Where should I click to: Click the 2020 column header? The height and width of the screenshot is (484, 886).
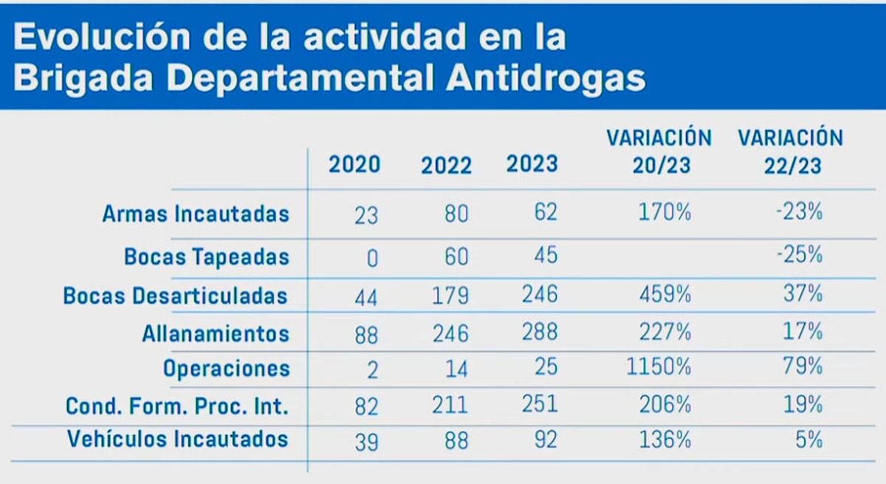pyautogui.click(x=354, y=163)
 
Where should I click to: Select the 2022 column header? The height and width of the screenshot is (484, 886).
pyautogui.click(x=446, y=165)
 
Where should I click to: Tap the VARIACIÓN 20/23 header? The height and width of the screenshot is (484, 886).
pyautogui.click(x=659, y=151)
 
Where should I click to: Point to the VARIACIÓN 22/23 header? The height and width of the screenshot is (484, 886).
pyautogui.click(x=791, y=151)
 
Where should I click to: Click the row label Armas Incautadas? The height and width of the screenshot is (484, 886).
pyautogui.click(x=195, y=214)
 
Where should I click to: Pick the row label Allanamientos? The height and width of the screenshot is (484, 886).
pyautogui.click(x=216, y=333)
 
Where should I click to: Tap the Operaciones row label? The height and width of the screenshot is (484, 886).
pyautogui.click(x=226, y=368)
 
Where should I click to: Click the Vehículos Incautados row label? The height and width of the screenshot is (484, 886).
pyautogui.click(x=177, y=439)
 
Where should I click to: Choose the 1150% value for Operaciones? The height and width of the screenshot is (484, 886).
pyautogui.click(x=659, y=366)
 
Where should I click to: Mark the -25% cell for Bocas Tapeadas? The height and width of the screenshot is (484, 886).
pyautogui.click(x=803, y=255)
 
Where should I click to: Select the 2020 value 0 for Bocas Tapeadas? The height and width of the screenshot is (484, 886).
pyautogui.click(x=372, y=258)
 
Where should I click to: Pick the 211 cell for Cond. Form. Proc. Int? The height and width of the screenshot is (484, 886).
pyautogui.click(x=446, y=405)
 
